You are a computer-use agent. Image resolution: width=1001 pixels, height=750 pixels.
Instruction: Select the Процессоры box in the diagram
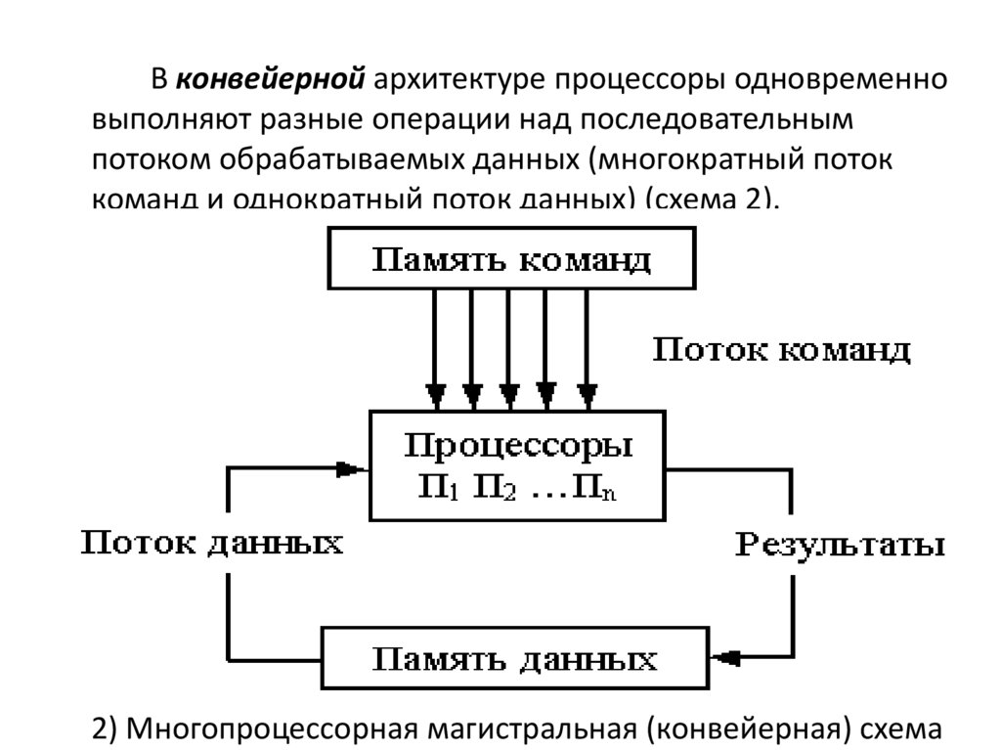(518, 465)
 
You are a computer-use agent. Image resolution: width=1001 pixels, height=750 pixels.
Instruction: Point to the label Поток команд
(781, 350)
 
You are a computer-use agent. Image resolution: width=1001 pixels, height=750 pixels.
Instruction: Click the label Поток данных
(211, 544)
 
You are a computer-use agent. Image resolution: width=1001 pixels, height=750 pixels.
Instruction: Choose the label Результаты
(839, 545)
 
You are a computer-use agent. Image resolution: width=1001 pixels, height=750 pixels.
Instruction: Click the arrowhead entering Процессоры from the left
(347, 469)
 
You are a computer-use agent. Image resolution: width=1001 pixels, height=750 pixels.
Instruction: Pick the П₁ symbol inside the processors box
(434, 486)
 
